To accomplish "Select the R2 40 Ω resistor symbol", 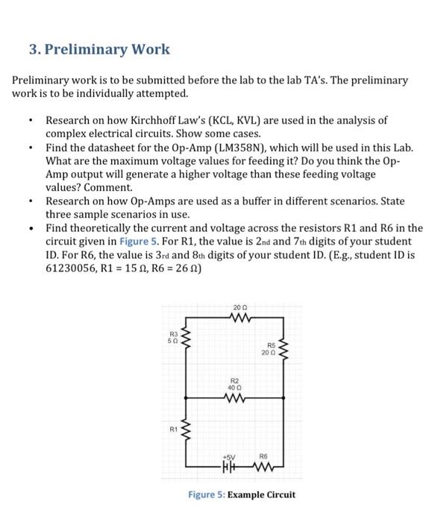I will click(x=236, y=398).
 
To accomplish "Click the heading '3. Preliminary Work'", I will click(x=99, y=50).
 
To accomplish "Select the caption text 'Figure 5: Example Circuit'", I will click(x=241, y=494).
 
